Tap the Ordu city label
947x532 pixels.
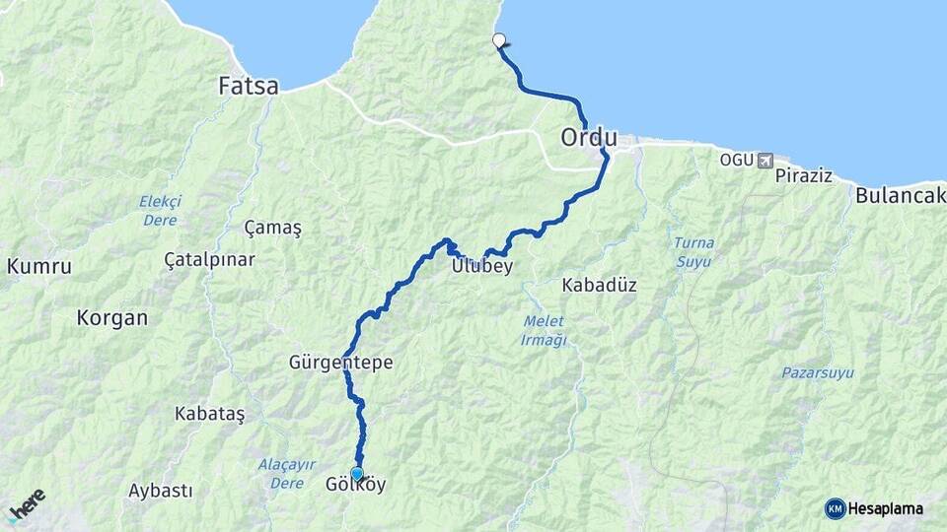[589, 138]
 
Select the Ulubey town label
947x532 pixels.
[481, 266]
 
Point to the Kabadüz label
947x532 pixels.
[599, 286]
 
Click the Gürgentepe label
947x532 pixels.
[341, 363]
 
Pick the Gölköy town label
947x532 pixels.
[355, 486]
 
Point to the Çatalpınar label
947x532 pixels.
[209, 260]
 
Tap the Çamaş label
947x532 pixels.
[272, 228]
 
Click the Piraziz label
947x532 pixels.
[804, 176]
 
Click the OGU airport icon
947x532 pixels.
[765, 160]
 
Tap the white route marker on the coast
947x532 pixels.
[499, 41]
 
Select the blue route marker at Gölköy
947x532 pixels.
[357, 474]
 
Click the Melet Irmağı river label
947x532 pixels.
[544, 331]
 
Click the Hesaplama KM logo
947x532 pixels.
[874, 508]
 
